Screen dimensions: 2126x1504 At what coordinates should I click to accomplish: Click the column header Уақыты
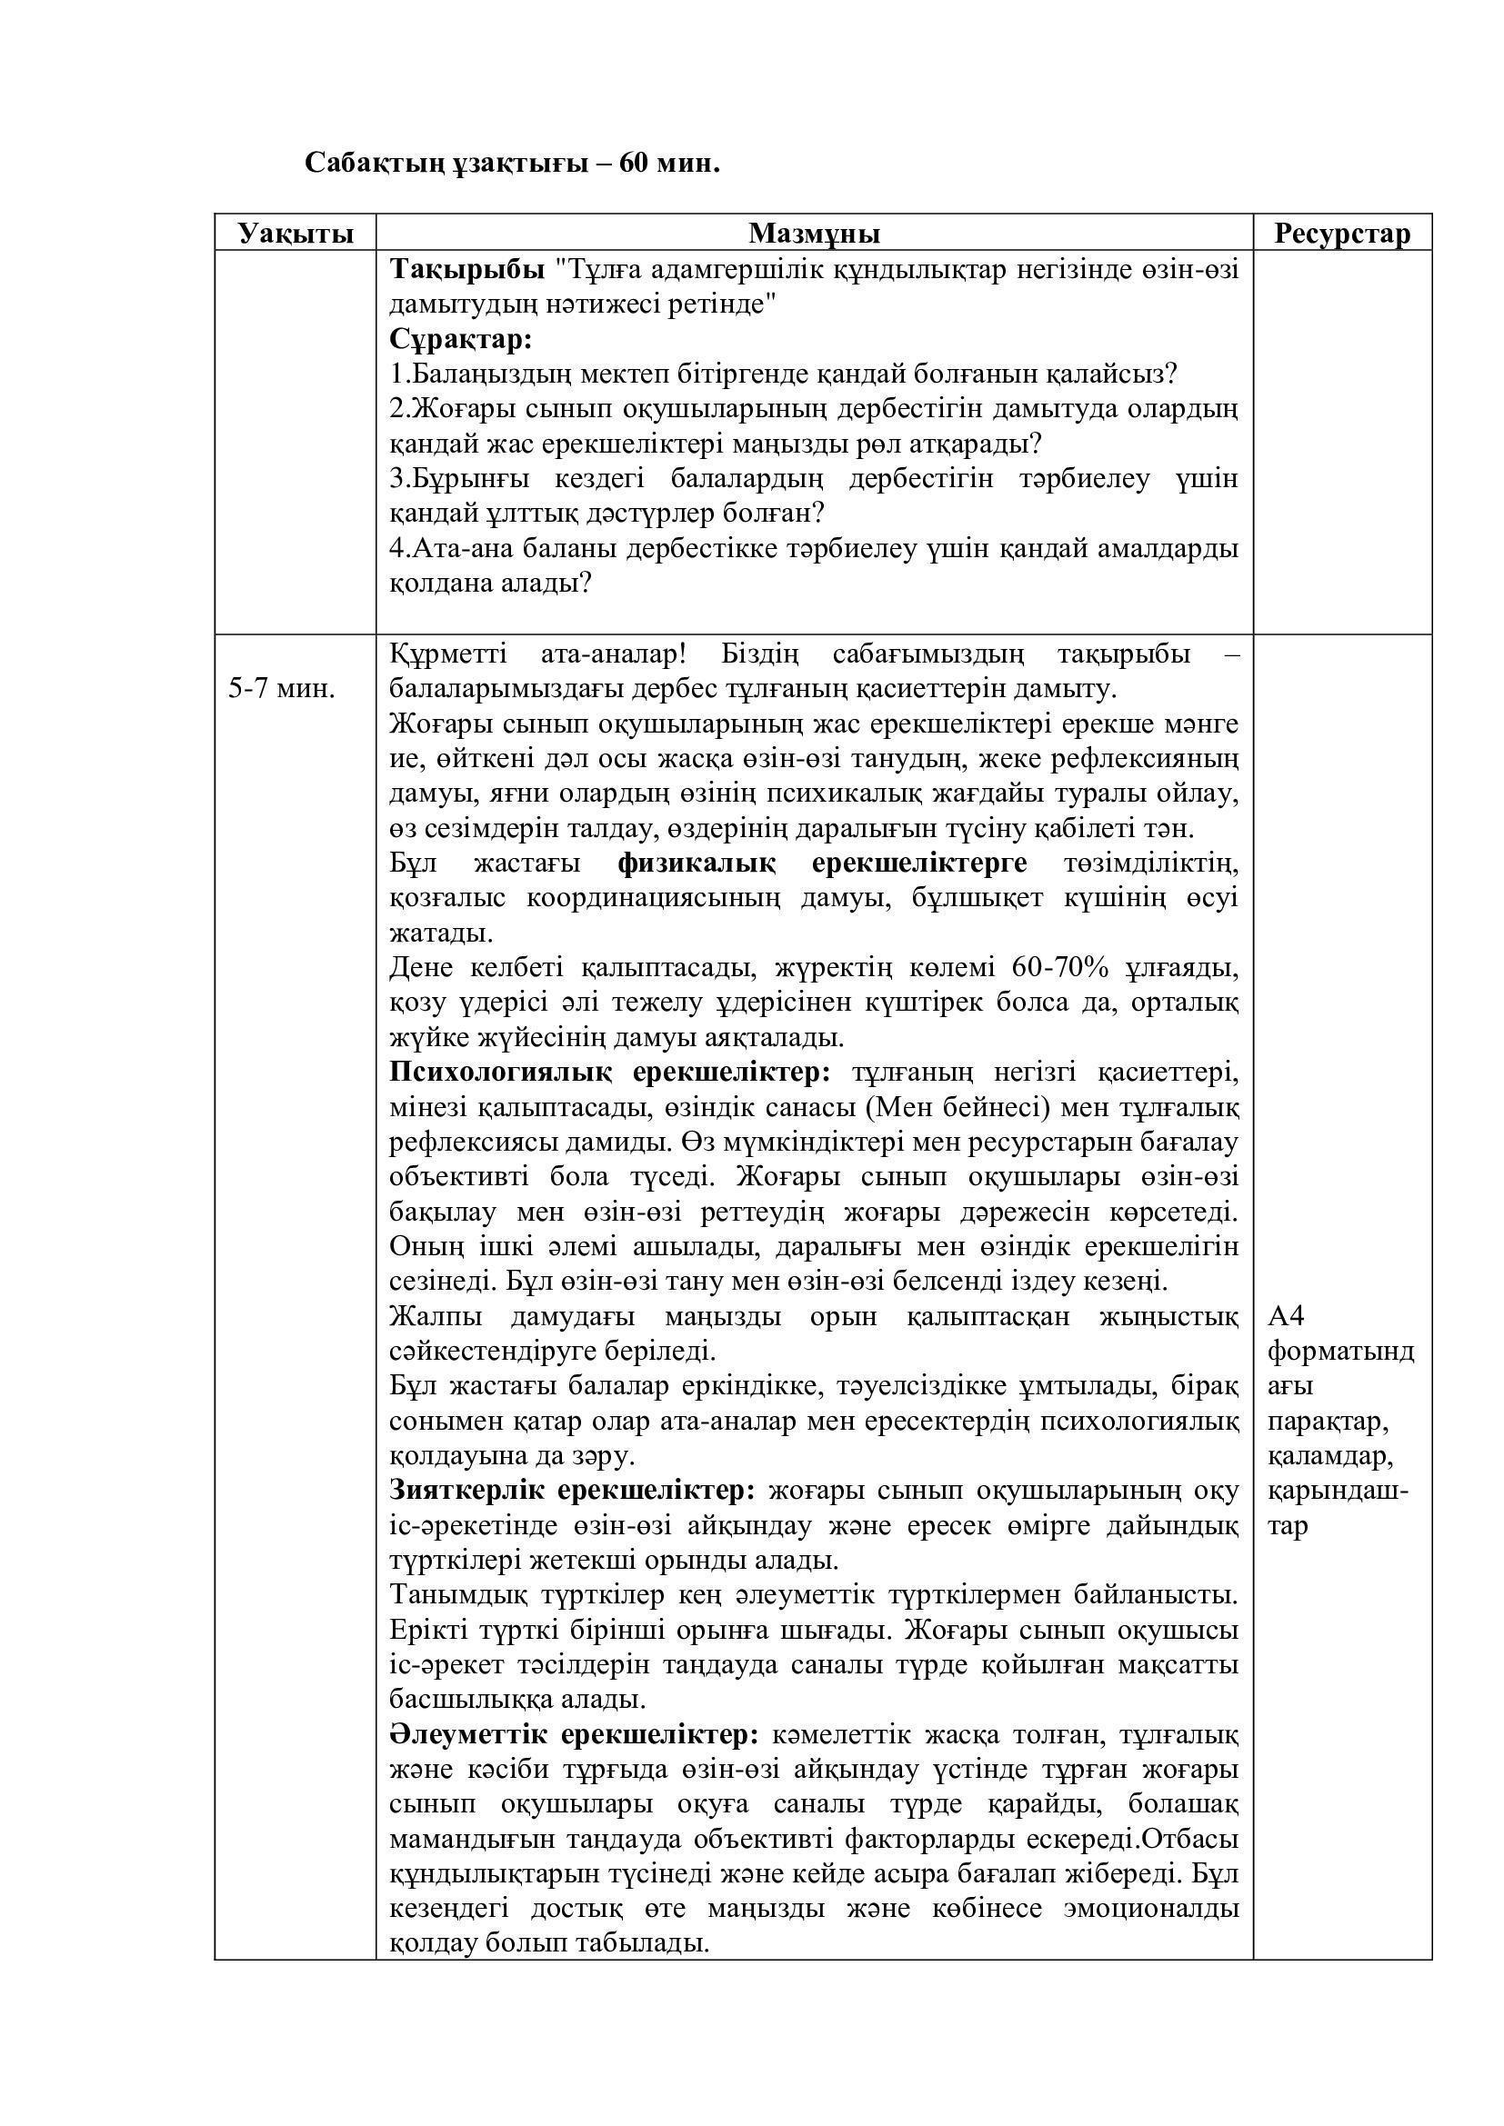click(296, 234)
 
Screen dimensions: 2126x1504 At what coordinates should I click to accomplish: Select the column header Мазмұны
click(814, 234)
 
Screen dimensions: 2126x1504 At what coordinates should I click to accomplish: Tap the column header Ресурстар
click(1342, 234)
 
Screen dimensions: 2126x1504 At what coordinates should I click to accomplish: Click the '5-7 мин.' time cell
click(282, 690)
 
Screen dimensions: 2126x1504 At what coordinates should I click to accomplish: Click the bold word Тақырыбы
click(466, 269)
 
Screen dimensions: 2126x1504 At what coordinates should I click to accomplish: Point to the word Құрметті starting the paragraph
click(448, 654)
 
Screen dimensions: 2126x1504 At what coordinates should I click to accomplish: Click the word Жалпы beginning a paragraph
click(434, 1317)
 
